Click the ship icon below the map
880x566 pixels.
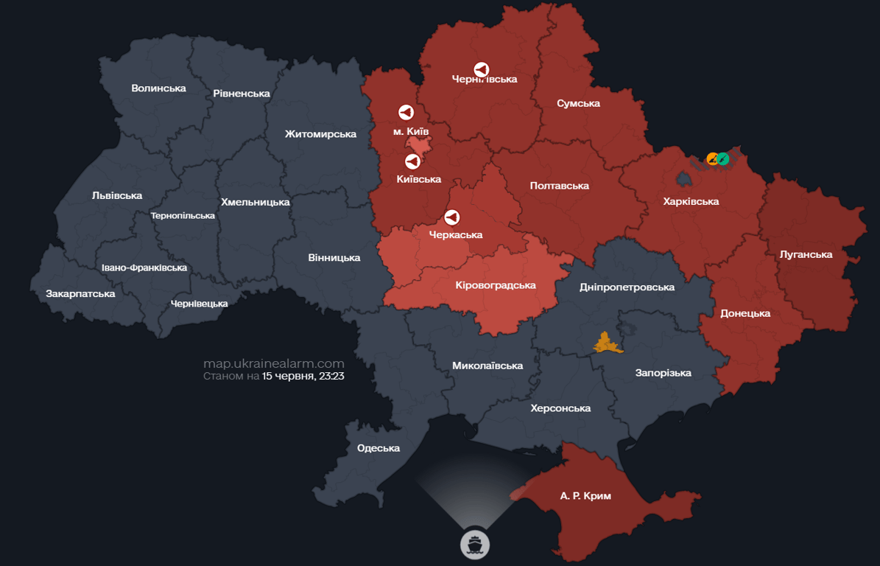tap(475, 545)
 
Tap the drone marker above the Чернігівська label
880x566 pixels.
tap(481, 69)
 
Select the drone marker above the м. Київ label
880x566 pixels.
tap(406, 112)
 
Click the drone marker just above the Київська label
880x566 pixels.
tap(413, 161)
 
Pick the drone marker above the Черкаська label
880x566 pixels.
tap(452, 217)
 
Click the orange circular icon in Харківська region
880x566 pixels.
tap(712, 158)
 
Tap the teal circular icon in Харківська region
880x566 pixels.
tap(723, 158)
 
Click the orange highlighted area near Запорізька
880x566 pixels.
tap(608, 343)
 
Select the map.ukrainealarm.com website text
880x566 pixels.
tap(273, 363)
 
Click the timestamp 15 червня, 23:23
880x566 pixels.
tap(303, 376)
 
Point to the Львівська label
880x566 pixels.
tap(117, 195)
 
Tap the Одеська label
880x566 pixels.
tap(379, 448)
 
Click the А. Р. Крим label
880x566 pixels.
tap(585, 496)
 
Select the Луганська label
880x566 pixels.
tap(806, 254)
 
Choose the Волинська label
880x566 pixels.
tap(158, 88)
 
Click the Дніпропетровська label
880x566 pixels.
tap(627, 287)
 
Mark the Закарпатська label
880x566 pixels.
tap(80, 293)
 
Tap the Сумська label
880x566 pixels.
tap(578, 103)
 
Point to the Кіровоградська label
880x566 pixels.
tap(496, 284)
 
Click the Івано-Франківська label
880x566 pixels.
tap(144, 268)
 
